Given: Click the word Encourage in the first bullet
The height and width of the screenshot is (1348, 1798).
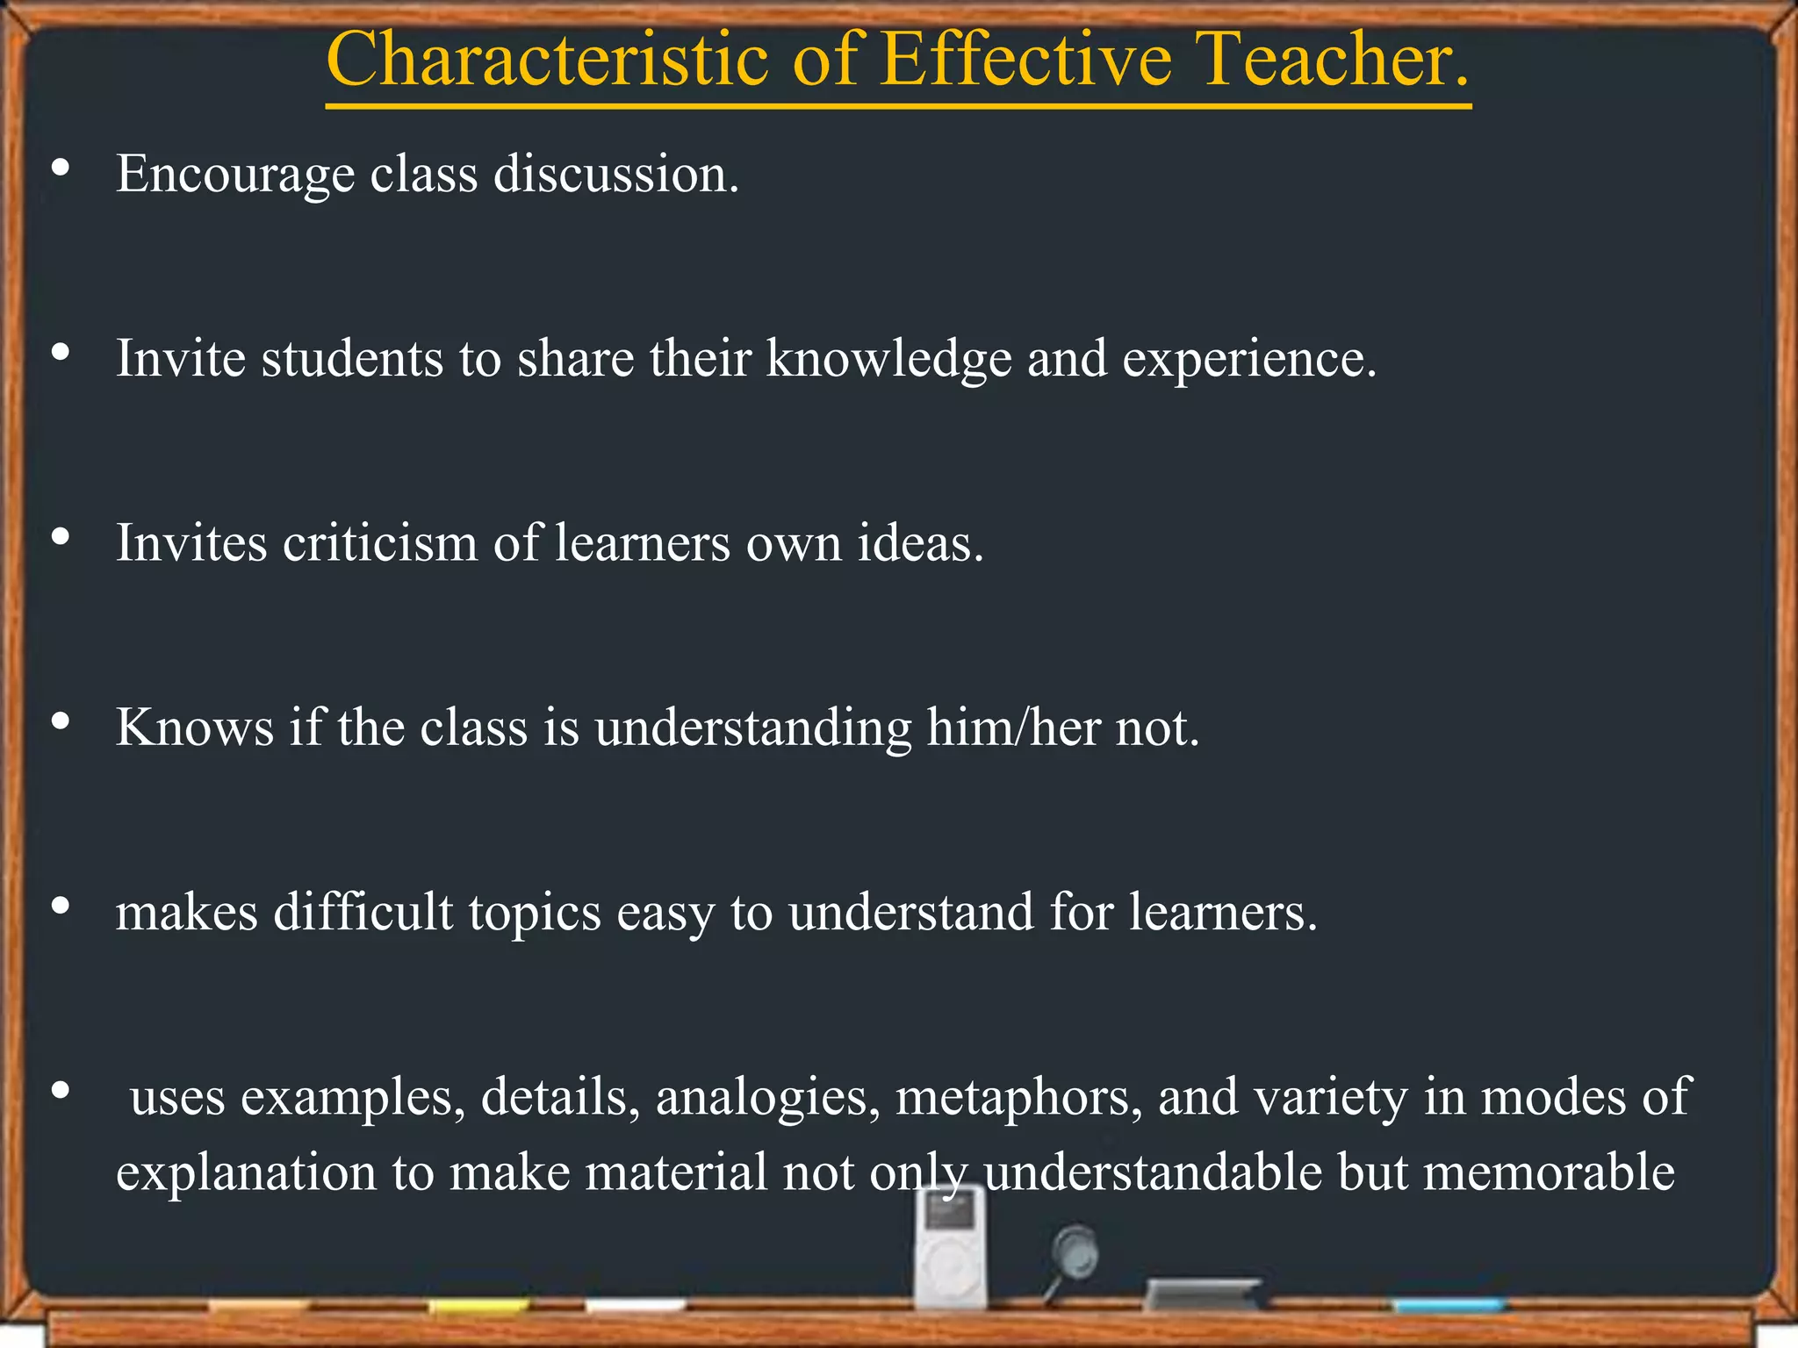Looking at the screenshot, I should tap(235, 175).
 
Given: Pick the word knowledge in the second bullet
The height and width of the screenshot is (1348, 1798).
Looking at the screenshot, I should tap(888, 359).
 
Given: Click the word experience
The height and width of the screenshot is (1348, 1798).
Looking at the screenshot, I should tap(1248, 361).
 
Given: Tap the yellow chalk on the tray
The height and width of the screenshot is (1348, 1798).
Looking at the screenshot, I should tap(478, 1307).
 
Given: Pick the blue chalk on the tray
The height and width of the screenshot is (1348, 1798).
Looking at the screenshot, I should tap(1449, 1306).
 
